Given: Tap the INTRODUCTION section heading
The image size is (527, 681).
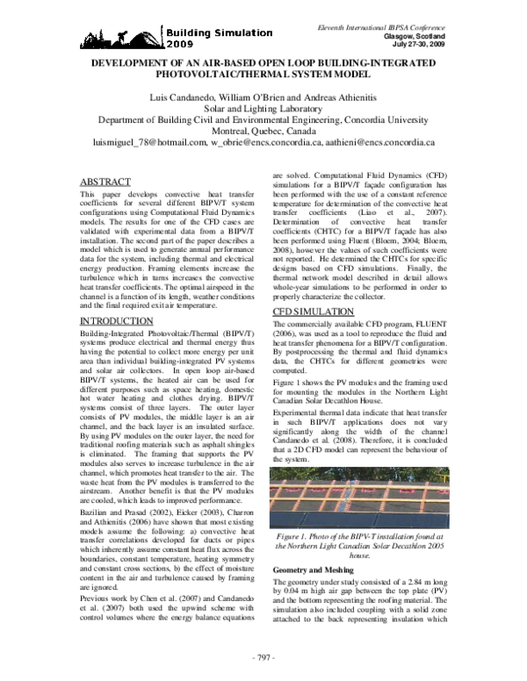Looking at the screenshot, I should pyautogui.click(x=119, y=321).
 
